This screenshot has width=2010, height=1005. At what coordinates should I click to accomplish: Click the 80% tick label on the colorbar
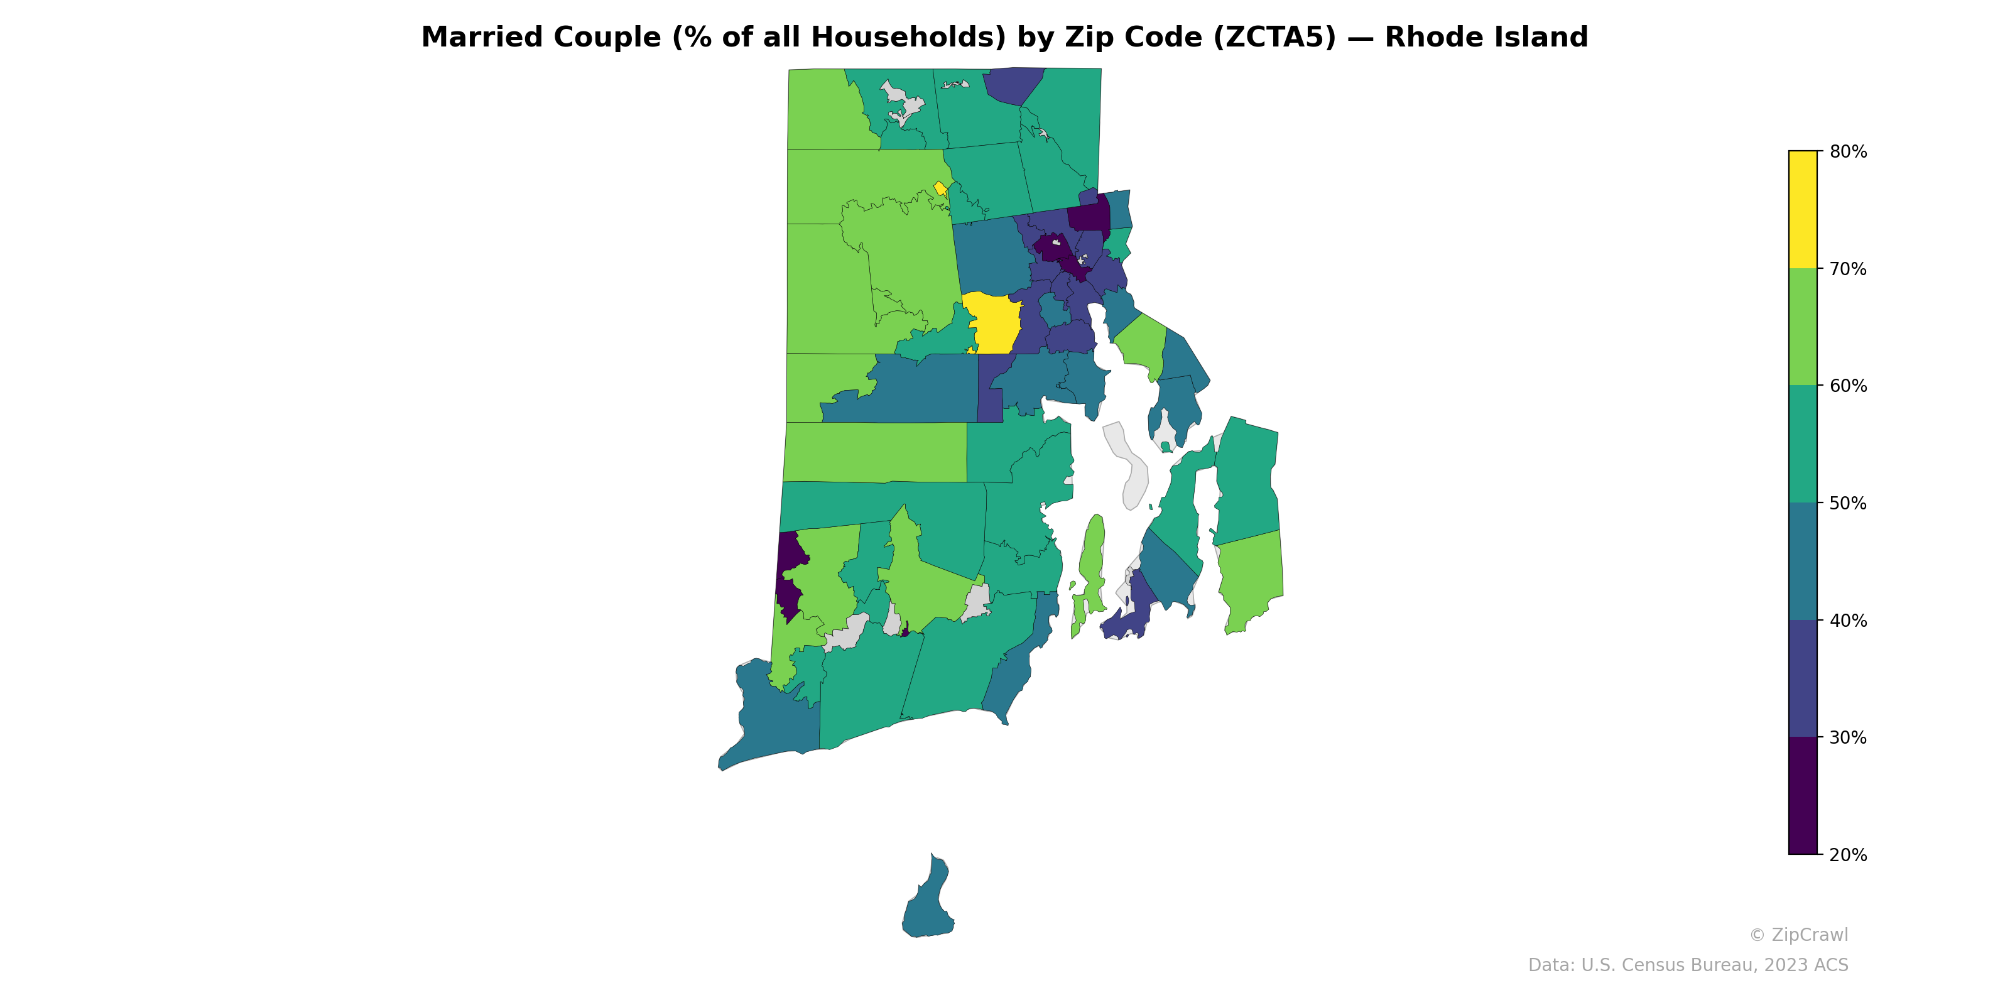(1848, 152)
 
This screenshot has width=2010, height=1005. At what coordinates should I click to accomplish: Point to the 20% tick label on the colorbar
(1848, 855)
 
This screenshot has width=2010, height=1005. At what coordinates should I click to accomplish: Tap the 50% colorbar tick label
(1848, 503)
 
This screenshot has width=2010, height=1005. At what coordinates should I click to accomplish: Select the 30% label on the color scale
(1848, 738)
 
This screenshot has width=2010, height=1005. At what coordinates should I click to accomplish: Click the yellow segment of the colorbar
(1803, 209)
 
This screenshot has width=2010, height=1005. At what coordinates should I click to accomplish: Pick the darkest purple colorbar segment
(1803, 796)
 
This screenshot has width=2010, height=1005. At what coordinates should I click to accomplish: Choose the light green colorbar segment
(1803, 327)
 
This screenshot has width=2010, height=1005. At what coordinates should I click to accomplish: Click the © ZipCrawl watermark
(1798, 935)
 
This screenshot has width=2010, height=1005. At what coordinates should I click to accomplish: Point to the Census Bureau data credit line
(1688, 965)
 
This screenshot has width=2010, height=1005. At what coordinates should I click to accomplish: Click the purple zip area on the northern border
(1013, 84)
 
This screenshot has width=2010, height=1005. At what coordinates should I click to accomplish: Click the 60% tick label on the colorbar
(1848, 386)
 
